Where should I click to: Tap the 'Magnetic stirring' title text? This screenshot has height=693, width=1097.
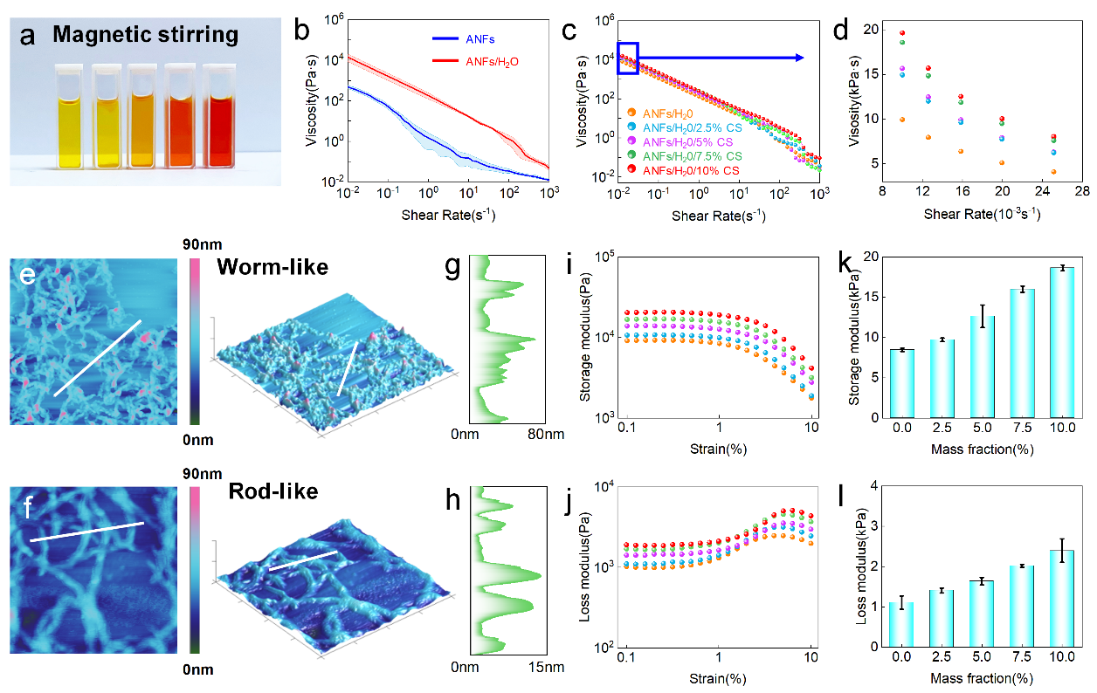[x=145, y=36]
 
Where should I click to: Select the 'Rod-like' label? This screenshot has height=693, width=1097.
[x=273, y=491]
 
